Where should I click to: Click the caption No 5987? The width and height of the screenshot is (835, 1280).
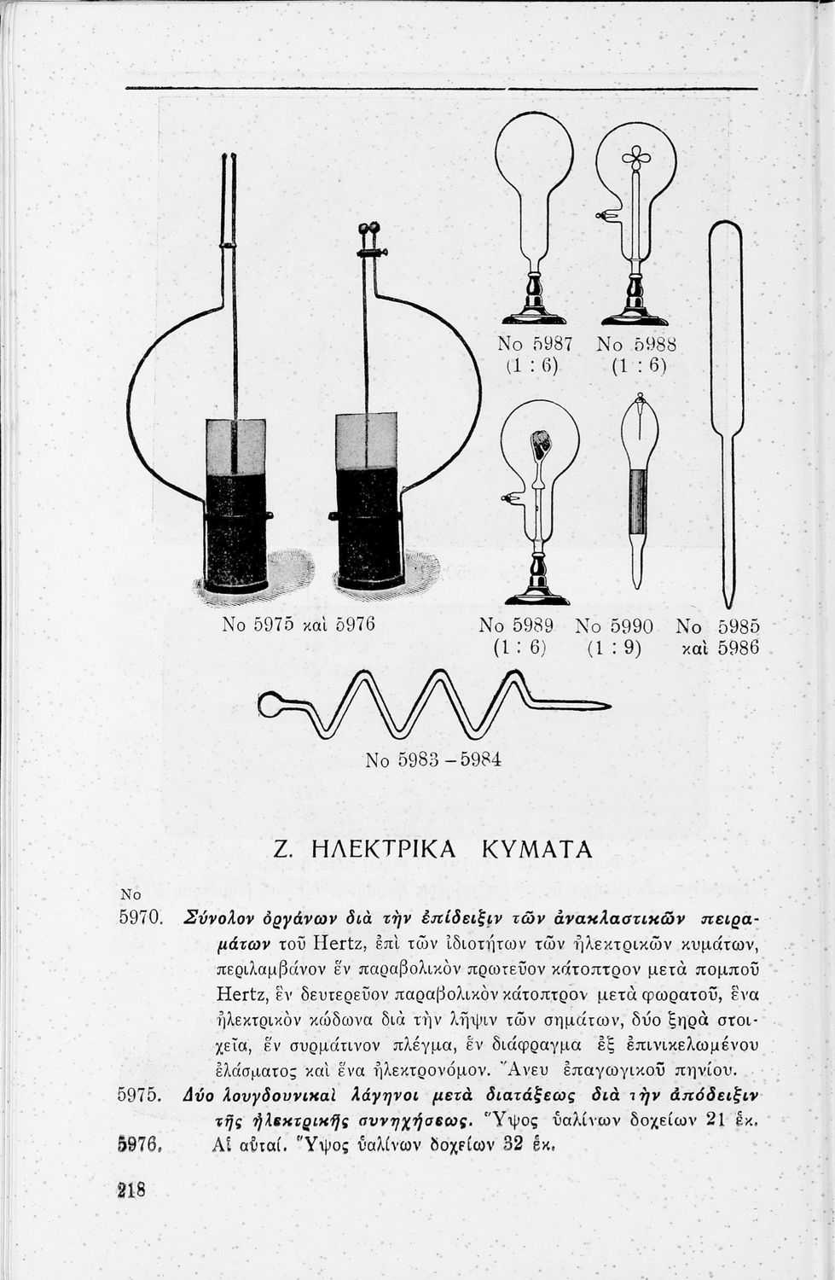[535, 344]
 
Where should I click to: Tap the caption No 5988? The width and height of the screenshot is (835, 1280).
[636, 344]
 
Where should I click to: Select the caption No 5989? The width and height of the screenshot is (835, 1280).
[517, 625]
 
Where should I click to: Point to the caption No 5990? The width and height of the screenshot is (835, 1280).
[614, 625]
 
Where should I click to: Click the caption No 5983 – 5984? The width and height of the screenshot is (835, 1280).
[432, 759]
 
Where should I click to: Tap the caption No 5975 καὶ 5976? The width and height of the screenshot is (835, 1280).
[299, 624]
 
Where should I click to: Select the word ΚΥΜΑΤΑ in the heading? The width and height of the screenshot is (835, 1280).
[536, 849]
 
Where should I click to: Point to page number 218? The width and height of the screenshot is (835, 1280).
[131, 1189]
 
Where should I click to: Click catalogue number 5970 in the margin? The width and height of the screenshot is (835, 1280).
[139, 919]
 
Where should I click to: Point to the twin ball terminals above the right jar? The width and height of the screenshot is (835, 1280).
[368, 228]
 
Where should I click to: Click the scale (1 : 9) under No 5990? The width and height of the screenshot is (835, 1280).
[614, 649]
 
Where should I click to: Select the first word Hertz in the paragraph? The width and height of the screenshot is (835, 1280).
[328, 944]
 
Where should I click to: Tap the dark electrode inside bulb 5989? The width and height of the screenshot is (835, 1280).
[541, 443]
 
